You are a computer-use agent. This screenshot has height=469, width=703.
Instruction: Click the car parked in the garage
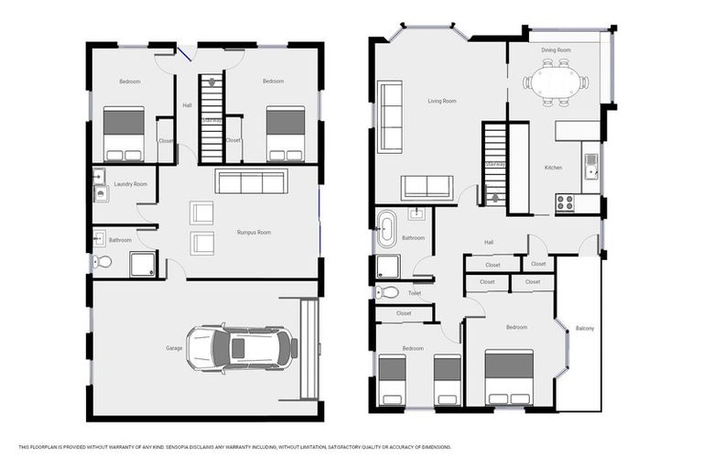coord(242,348)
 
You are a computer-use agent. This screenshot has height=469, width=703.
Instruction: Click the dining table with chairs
coord(556,82)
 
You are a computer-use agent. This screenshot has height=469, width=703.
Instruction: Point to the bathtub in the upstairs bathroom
coord(385,229)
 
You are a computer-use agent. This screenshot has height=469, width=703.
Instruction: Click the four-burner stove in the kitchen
coord(565,202)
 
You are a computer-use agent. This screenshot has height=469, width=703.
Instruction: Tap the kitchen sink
coord(591,165)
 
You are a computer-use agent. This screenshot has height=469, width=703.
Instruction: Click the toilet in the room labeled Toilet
coord(387,293)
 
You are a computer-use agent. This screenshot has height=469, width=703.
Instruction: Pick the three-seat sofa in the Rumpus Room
coord(252,182)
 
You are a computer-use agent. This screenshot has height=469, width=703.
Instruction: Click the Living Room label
coord(442,101)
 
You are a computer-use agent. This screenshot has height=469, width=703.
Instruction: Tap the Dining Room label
coord(556,49)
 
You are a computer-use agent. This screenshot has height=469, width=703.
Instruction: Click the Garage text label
coord(174,348)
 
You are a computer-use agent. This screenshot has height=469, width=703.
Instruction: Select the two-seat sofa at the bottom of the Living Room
coord(427,187)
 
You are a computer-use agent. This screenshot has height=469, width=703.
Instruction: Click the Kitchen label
coord(553,168)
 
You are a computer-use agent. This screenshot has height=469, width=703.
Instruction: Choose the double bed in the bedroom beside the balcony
coord(509,376)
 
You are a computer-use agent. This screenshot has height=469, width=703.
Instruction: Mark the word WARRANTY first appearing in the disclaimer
coord(115,447)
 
